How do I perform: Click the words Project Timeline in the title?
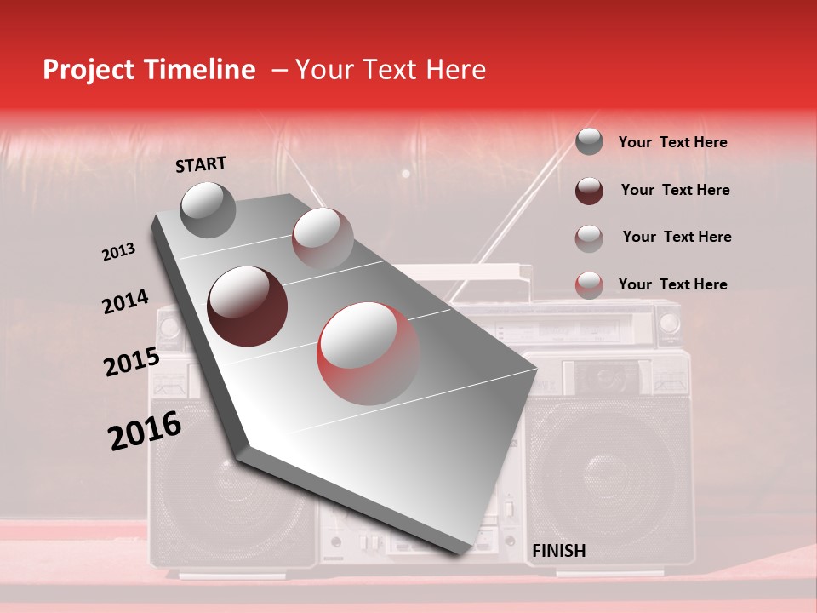tap(149, 70)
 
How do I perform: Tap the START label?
tap(201, 164)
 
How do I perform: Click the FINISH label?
tap(558, 551)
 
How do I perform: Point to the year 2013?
tap(118, 252)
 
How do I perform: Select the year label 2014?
tap(125, 302)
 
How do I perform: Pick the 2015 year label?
tap(132, 362)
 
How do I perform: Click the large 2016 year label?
tap(145, 431)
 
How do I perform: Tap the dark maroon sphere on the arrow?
tap(247, 306)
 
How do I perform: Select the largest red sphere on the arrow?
tap(369, 352)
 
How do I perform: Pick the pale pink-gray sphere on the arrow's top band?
tap(322, 238)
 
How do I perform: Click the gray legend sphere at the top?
tap(589, 142)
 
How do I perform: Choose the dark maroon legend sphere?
tap(589, 190)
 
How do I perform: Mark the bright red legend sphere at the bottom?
tap(589, 284)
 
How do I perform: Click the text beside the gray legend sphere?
tap(672, 143)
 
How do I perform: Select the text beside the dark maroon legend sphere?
tap(675, 190)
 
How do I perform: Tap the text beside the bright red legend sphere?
tap(672, 284)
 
